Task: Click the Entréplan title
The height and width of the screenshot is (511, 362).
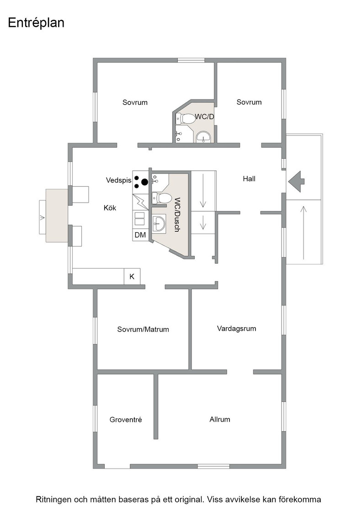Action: tap(36, 23)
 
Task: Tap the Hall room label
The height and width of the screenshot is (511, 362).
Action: tap(249, 178)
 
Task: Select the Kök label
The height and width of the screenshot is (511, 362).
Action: tap(110, 208)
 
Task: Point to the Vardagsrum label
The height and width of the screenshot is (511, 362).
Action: tap(237, 328)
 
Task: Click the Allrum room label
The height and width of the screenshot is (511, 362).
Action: tap(220, 419)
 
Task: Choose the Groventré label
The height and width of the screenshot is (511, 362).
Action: tap(126, 420)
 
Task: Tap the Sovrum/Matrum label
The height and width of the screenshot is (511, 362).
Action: tap(143, 329)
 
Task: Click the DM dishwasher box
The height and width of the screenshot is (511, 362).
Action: tap(140, 235)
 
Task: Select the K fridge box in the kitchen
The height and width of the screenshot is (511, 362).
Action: tap(132, 276)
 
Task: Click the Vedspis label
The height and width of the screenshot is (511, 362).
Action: tap(119, 180)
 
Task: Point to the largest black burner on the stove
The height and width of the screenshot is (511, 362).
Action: tap(144, 182)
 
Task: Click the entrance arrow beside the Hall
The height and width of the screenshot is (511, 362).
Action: tap(296, 182)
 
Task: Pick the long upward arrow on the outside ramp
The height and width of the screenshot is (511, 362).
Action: tap(303, 233)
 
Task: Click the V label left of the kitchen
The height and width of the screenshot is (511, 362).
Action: tap(42, 217)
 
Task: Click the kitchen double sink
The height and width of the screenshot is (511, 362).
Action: tap(140, 218)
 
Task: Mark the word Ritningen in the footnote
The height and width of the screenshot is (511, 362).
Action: tap(53, 500)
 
